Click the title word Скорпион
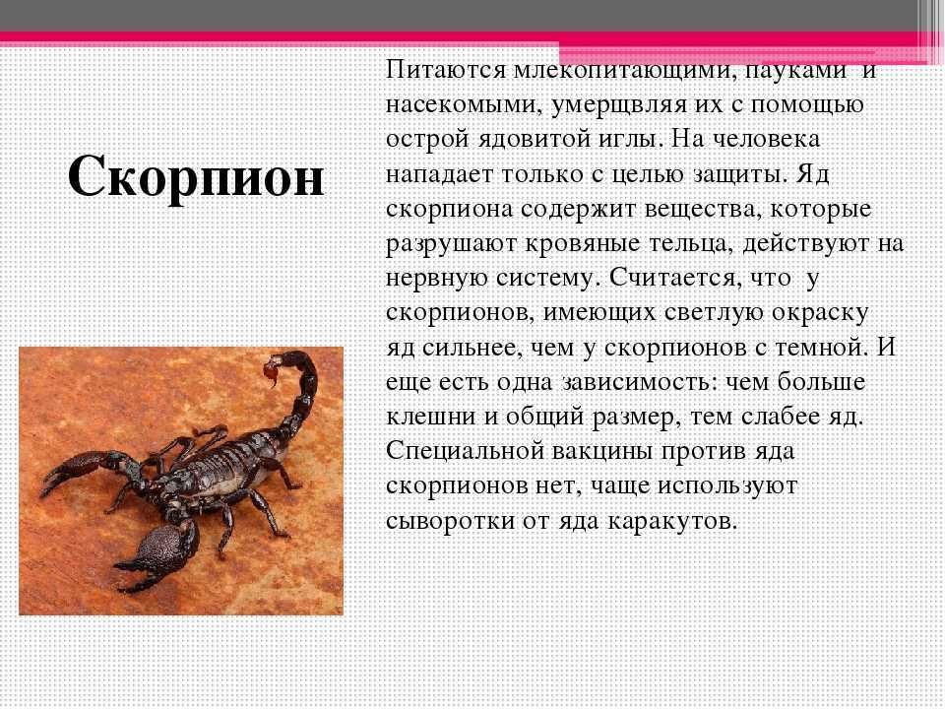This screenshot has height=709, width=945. (x=196, y=176)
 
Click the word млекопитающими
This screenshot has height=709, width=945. (x=626, y=71)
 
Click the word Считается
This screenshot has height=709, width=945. (x=674, y=278)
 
